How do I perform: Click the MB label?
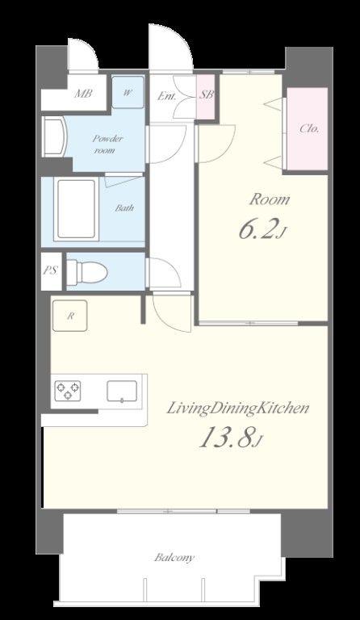pos(83,94)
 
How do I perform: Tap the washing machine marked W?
pos(128,92)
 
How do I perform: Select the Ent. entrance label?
pos(167,96)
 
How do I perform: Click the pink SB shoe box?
pos(207,97)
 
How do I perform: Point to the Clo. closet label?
pos(309,128)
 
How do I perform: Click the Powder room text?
pos(107,145)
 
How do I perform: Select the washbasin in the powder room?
pos(55,136)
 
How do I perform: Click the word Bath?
pos(124,207)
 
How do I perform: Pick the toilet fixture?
pos(87,272)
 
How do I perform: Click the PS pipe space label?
pos(51,270)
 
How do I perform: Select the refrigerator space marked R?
pos(70,316)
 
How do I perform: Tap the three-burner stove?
pos(68,391)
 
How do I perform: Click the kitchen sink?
pos(122,391)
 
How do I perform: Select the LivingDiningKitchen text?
pos(237,408)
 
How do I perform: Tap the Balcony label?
pos(174,558)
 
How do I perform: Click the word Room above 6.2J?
pos(270,199)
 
